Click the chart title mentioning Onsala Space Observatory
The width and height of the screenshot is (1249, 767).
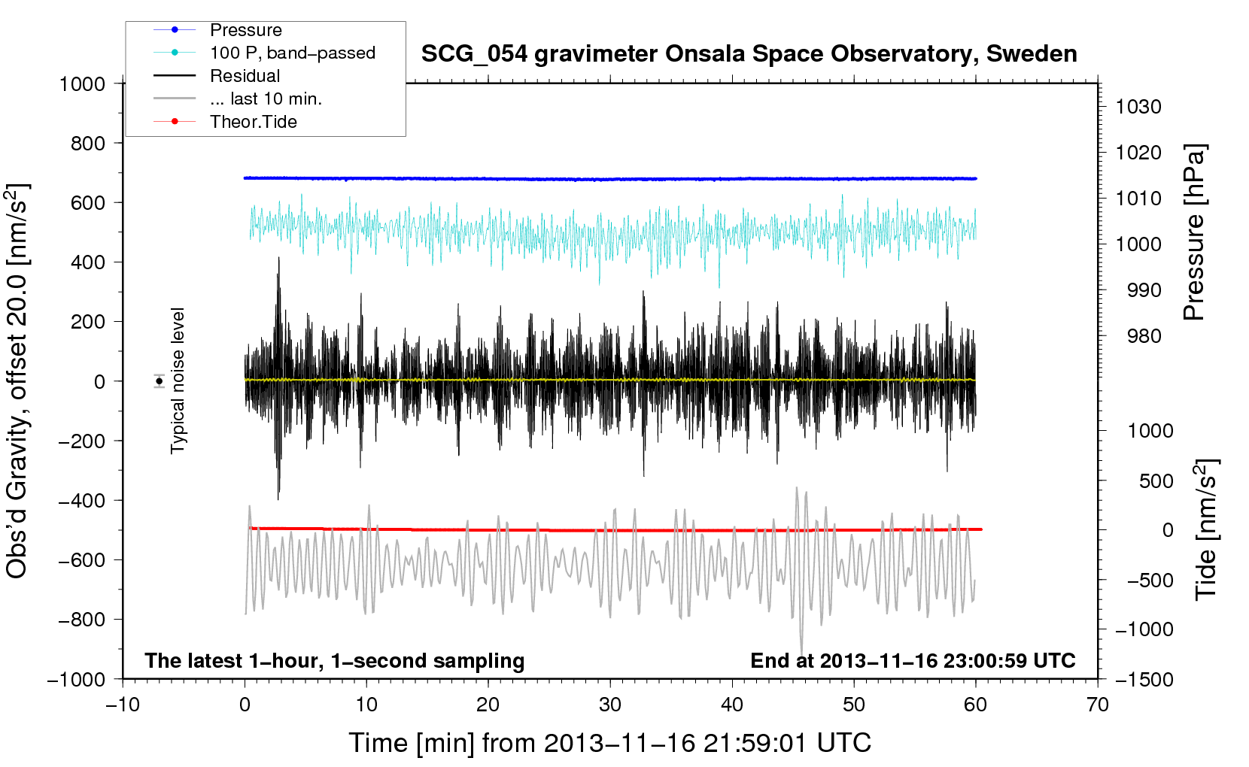[x=749, y=54]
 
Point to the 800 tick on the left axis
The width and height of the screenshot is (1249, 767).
[x=88, y=144]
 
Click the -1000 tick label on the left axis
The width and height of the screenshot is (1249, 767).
[x=77, y=680]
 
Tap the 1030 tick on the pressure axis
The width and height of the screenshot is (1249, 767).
[x=1138, y=107]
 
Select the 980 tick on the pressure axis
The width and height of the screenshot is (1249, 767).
[x=1144, y=336]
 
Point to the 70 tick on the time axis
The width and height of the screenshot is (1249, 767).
[x=1097, y=705]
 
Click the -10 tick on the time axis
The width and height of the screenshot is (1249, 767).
[x=123, y=705]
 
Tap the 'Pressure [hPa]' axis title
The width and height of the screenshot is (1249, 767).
[x=1195, y=232]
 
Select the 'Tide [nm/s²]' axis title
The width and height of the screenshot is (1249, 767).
[x=1206, y=529]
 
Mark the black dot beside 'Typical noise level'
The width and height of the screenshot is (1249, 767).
[x=159, y=382]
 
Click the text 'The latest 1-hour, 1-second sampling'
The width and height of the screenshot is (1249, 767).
[x=335, y=661]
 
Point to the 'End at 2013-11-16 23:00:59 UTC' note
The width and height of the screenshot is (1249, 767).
[x=913, y=660]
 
